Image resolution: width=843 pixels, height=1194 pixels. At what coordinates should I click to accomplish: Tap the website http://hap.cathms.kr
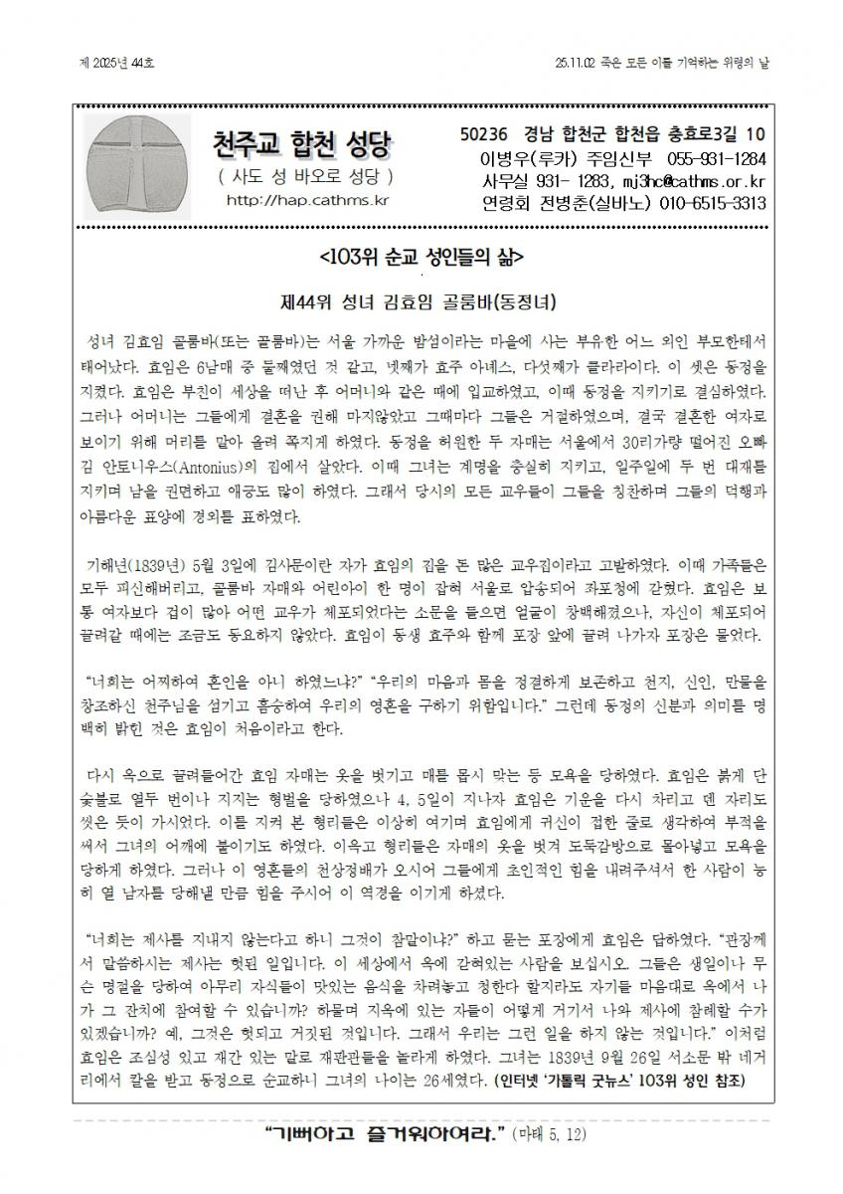tap(306, 201)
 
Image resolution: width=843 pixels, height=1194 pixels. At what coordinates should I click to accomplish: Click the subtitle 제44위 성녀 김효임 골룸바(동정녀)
tap(421, 300)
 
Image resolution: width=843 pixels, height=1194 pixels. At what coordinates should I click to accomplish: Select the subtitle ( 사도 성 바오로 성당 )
tap(305, 176)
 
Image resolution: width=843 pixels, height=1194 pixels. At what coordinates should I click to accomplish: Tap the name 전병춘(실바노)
tap(593, 204)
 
